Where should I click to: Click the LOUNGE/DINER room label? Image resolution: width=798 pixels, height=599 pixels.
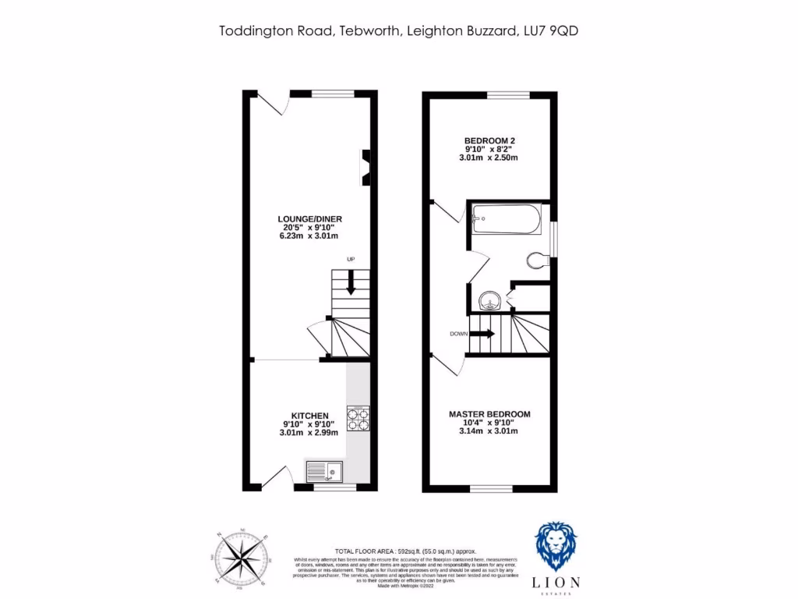[310, 219]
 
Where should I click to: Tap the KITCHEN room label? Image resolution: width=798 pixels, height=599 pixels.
[309, 415]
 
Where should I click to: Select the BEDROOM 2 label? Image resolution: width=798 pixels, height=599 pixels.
[489, 140]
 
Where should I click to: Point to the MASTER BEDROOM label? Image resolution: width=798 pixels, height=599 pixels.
[489, 414]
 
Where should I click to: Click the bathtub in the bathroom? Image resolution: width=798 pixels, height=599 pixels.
[506, 218]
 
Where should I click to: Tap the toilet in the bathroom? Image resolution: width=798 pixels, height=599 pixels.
[538, 260]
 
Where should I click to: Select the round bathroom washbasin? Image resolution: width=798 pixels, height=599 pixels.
[489, 299]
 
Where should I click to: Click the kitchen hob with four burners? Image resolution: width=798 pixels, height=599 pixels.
[358, 419]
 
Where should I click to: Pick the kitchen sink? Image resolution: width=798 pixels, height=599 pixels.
[323, 470]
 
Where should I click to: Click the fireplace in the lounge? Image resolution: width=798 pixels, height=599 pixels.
[365, 167]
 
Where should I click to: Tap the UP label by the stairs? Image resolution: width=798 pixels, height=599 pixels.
[351, 259]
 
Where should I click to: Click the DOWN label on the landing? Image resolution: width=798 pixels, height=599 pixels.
[459, 334]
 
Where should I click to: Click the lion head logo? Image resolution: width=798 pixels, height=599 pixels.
[560, 546]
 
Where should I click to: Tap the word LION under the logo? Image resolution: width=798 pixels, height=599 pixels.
[560, 581]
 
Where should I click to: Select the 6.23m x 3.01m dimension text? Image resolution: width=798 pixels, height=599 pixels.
[310, 236]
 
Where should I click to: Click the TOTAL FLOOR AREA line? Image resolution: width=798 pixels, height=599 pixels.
[404, 551]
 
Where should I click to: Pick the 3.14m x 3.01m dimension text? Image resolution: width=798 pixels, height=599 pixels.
[489, 431]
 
